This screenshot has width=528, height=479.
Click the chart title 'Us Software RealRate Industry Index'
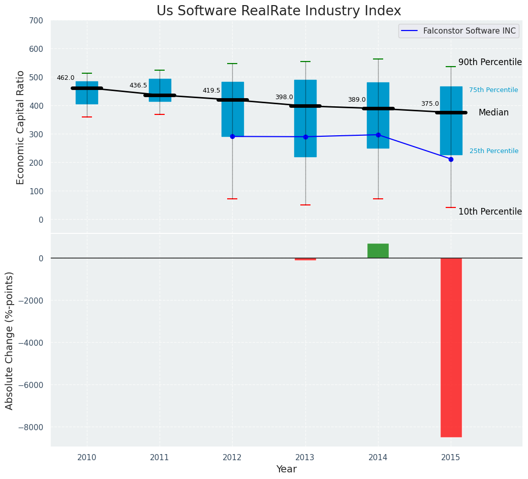coord(278,11)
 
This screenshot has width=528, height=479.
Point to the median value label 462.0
coord(66,78)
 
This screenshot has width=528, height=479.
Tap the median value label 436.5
coord(138,85)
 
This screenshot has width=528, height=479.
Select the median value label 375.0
coord(429,104)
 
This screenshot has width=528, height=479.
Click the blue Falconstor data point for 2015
coord(451,159)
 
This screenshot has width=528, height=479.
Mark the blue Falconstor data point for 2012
coord(232,136)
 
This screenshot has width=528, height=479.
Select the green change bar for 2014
coord(378,251)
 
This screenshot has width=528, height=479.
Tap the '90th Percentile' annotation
coord(490,62)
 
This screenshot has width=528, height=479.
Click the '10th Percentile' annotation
coord(490,212)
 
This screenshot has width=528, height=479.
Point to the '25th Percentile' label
coord(493,151)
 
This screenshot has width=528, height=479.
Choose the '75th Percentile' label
coord(493,90)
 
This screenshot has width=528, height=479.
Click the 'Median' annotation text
coord(493,113)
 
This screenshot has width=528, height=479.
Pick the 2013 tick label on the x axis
coord(305,458)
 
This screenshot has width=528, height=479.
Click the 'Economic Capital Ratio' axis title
coord(20,127)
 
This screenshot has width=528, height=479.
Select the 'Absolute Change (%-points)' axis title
coord(10,340)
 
